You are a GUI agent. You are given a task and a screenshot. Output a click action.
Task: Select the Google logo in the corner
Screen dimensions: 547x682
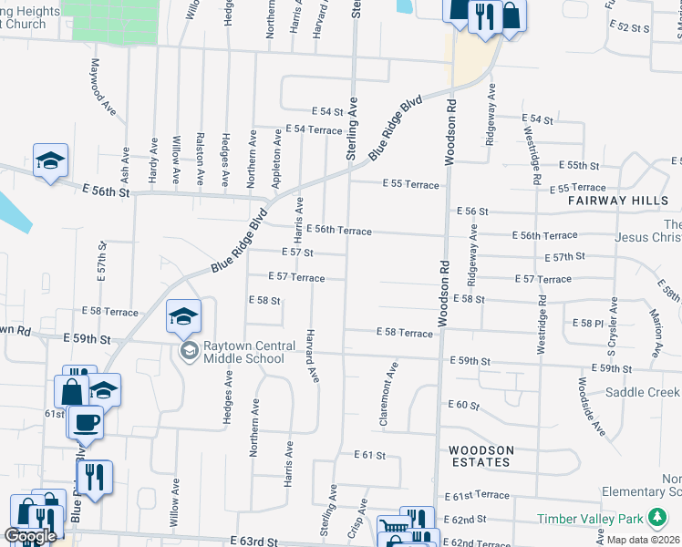click(x=30, y=536)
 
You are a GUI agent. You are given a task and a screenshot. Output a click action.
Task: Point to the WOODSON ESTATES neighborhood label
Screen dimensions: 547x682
click(x=480, y=456)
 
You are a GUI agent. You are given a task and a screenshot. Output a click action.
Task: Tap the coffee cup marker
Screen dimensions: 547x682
click(x=86, y=422)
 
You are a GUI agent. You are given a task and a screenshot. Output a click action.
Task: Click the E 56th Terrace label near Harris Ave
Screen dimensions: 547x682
click(x=339, y=231)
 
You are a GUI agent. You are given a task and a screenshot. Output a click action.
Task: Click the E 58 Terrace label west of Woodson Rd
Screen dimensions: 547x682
click(x=404, y=334)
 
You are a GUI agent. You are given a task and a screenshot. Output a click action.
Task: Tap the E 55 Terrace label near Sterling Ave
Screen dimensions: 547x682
click(x=409, y=185)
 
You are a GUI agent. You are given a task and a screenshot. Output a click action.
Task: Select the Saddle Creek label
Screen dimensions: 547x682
click(x=643, y=392)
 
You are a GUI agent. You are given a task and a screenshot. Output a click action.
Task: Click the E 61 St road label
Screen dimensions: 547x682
click(x=371, y=455)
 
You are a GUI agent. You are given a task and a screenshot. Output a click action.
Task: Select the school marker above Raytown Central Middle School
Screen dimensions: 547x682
click(x=183, y=316)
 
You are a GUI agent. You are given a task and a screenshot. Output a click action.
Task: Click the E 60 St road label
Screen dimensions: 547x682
click(x=463, y=404)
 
